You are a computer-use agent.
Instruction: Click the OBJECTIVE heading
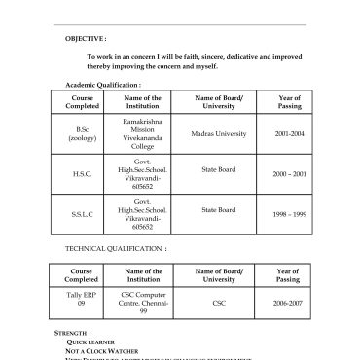(85, 38)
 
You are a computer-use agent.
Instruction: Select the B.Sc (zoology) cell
(82, 134)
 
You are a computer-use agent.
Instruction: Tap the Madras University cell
(219, 133)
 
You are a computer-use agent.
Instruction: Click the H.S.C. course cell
(82, 174)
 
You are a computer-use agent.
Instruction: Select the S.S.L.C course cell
(82, 214)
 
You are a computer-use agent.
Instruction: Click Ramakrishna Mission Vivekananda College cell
(143, 133)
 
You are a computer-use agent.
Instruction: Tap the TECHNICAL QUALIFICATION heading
(116, 249)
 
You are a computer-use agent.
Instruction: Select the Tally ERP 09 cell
(82, 299)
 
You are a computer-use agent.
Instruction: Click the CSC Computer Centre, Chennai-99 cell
(143, 303)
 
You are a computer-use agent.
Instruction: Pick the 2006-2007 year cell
(288, 303)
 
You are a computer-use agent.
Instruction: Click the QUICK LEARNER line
(90, 342)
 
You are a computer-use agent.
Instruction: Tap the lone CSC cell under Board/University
(219, 303)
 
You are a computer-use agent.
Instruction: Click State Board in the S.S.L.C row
(219, 209)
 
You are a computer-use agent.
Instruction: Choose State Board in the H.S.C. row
(219, 169)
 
